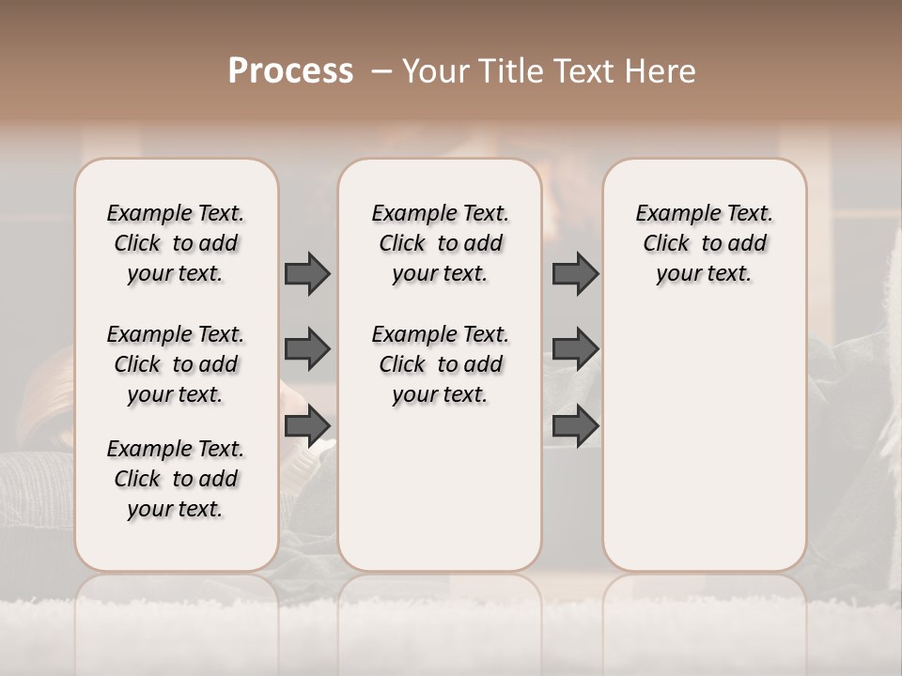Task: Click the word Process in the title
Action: pos(290,70)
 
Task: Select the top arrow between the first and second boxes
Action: pos(307,273)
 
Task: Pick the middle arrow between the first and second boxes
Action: pos(307,349)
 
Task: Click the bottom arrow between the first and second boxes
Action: pos(307,426)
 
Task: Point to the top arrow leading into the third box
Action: pos(575,273)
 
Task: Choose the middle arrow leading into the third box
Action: pos(575,349)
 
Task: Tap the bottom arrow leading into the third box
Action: pos(575,426)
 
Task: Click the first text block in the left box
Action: pos(176,243)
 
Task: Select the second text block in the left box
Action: pos(176,364)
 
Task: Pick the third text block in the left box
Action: pos(176,479)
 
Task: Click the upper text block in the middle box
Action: pos(440,243)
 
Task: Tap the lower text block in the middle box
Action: pos(440,364)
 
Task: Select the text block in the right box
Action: pos(704,243)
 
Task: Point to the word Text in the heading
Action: pos(591,70)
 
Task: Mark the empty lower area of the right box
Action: pos(704,432)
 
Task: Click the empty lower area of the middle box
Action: pos(440,488)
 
